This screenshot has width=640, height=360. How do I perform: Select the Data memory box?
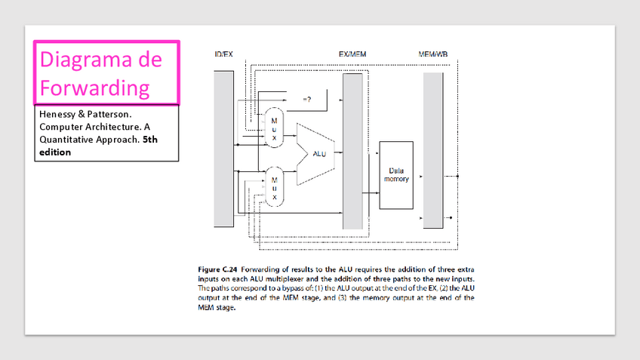pos(396,175)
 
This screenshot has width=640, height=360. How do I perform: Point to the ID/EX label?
pos(224,54)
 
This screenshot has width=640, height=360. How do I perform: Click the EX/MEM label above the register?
pos(352,54)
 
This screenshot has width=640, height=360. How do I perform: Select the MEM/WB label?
pos(433,54)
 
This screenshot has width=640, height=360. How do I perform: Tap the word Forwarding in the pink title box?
pos(94,88)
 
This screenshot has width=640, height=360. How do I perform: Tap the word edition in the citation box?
pos(55,152)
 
